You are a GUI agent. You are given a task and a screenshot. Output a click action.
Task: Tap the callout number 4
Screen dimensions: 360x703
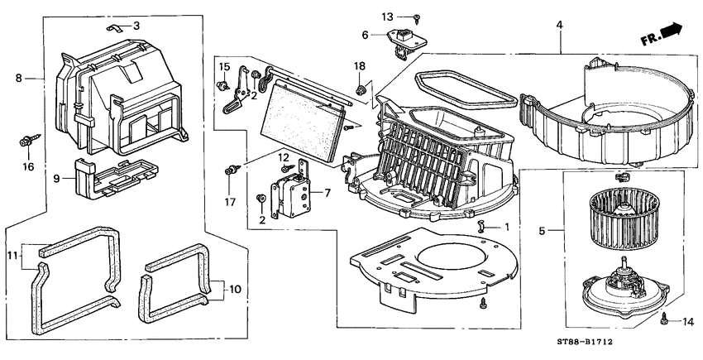click(x=559, y=26)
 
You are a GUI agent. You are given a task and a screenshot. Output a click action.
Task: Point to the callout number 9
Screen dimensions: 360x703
click(x=56, y=177)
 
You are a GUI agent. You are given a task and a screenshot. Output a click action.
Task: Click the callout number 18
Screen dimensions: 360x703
click(x=359, y=66)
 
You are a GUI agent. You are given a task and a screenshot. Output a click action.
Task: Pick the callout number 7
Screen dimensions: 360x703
click(x=327, y=193)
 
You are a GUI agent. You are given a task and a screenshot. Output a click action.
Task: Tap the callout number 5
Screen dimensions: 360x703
click(x=542, y=231)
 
